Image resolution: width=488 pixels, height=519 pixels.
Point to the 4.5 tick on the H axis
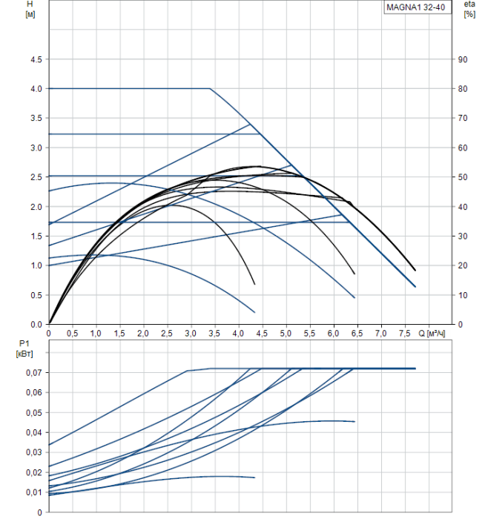pyautogui.click(x=36, y=59)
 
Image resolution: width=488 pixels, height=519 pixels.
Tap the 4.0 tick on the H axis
pyautogui.click(x=36, y=89)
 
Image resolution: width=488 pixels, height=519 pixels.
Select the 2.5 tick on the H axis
pyautogui.click(x=36, y=177)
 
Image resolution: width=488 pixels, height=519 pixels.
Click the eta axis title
pyautogui.click(x=469, y=4)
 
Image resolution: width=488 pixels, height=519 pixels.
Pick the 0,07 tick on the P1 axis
pyautogui.click(x=33, y=372)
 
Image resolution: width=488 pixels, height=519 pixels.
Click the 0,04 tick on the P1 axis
pyautogui.click(x=33, y=432)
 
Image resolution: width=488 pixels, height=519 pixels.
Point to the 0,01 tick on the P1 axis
pyautogui.click(x=33, y=492)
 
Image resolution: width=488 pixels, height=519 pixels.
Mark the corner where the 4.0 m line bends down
pyautogui.click(x=210, y=88)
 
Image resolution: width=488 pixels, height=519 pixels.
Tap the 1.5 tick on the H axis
pyautogui.click(x=36, y=237)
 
